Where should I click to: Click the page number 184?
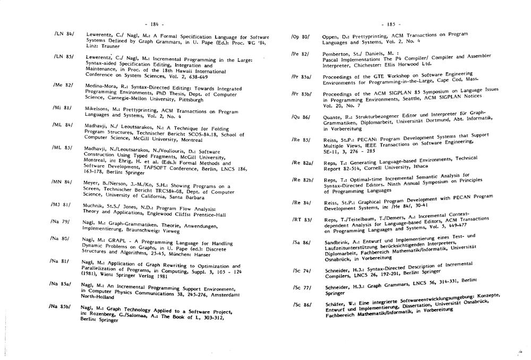point(155,24)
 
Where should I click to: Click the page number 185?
point(391,24)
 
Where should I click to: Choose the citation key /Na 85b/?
point(59,306)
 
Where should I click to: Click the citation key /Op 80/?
point(300,37)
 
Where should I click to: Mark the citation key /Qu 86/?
point(301,117)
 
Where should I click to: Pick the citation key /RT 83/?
point(301,220)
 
